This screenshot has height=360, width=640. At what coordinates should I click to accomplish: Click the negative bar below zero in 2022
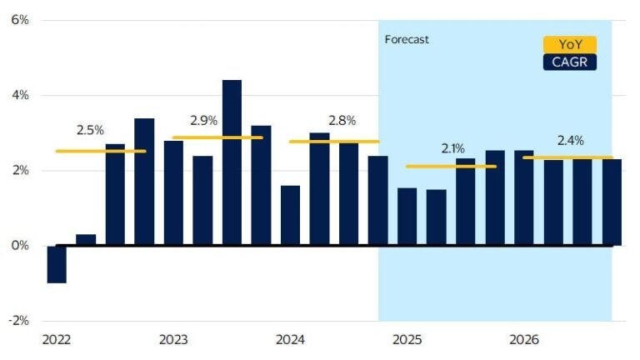click(x=57, y=264)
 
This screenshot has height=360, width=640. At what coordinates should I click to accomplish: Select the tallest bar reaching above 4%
click(x=232, y=162)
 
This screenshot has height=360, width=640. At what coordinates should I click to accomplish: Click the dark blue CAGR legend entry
click(x=570, y=61)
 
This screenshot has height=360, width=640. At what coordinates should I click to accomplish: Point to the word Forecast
click(x=407, y=39)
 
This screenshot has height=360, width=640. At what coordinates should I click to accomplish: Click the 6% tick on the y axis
click(x=19, y=20)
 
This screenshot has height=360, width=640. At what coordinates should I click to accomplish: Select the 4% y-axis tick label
click(x=19, y=95)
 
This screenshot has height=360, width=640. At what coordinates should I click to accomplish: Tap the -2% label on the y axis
click(x=17, y=321)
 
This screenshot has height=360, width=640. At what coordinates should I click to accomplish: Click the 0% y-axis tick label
click(x=19, y=246)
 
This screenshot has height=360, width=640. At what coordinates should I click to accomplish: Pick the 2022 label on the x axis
click(x=56, y=340)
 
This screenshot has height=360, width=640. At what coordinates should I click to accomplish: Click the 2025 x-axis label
click(x=407, y=340)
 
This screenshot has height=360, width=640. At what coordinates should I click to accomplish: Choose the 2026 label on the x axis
click(x=523, y=340)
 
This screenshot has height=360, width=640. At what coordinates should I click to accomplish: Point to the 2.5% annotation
click(x=90, y=130)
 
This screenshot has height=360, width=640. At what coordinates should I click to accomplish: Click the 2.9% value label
click(x=204, y=121)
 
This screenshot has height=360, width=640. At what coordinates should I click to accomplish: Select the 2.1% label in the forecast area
click(x=452, y=148)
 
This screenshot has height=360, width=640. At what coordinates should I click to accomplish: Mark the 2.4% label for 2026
click(x=569, y=140)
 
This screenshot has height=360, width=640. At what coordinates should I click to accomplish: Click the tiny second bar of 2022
click(x=86, y=240)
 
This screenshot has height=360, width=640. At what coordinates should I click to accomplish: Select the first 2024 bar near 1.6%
click(x=290, y=216)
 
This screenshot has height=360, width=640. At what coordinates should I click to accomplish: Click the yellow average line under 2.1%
click(x=451, y=167)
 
